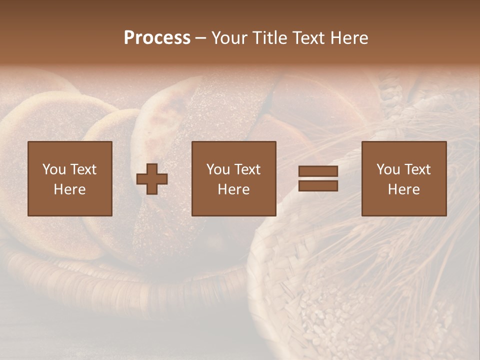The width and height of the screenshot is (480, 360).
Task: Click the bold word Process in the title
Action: click(157, 38)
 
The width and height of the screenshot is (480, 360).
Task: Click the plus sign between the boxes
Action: click(152, 179)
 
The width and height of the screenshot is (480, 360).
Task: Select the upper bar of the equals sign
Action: click(318, 171)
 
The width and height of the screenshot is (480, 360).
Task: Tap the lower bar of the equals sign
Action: click(318, 186)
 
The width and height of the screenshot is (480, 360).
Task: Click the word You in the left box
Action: click(54, 169)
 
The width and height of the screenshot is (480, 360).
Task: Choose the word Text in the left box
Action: click(83, 169)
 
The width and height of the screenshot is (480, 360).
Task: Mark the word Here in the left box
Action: click(69, 189)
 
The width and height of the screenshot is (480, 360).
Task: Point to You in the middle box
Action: click(218, 169)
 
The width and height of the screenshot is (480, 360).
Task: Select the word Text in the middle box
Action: click(247, 169)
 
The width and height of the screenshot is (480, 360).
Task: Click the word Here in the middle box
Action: click(233, 189)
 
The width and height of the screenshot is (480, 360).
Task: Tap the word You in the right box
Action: click(388, 169)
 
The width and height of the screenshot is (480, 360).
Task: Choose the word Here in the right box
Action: click(403, 189)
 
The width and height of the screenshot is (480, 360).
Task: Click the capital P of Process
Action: click(129, 38)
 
